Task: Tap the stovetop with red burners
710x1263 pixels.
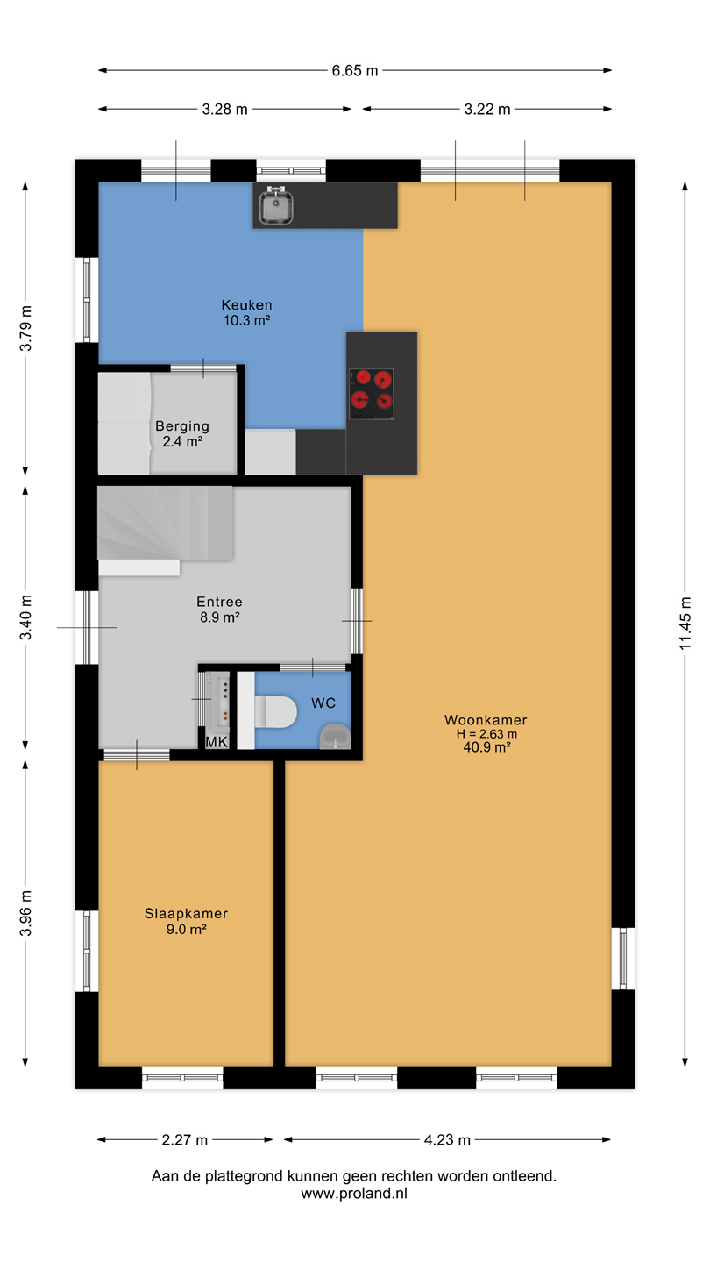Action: [372, 394]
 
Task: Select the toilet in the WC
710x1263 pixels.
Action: [275, 711]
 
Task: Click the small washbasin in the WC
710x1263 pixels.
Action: [335, 737]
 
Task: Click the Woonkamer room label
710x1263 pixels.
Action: [486, 720]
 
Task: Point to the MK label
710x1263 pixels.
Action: [217, 742]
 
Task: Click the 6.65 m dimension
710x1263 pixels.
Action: [355, 70]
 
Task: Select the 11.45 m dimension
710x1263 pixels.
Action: [685, 623]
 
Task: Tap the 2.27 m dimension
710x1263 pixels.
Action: [185, 1140]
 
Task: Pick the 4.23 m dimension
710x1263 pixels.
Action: [447, 1140]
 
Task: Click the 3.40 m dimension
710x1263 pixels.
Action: [25, 617]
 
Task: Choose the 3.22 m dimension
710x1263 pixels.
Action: [487, 109]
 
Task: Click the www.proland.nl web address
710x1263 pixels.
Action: [354, 1194]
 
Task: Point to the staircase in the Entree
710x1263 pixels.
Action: [165, 524]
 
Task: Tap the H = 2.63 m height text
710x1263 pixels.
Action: [486, 734]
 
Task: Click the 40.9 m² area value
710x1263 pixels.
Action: [486, 747]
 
